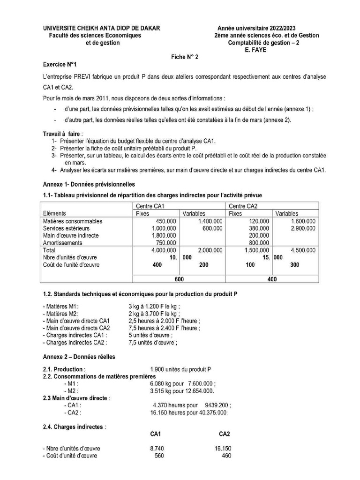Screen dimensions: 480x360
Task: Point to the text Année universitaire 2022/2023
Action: pos(256,28)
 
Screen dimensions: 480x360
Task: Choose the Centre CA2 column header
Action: pos(244,206)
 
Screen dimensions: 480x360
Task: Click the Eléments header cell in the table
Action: pos(54,213)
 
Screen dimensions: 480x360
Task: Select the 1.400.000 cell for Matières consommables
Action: pos(210,221)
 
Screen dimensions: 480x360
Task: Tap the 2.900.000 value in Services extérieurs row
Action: pos(302,228)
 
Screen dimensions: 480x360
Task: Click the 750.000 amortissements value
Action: pos(165,243)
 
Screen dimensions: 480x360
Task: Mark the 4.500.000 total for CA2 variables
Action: pos(302,250)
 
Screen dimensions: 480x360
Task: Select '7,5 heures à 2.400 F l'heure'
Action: pos(164,328)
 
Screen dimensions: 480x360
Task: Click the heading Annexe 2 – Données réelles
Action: pos(79,357)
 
